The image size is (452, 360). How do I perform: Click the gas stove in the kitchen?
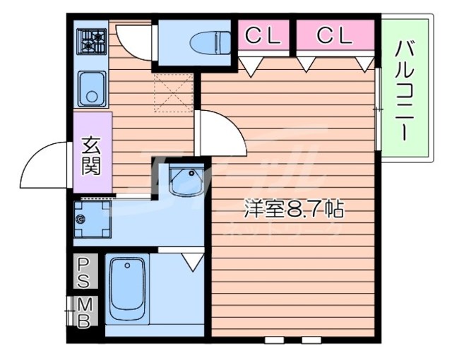90,42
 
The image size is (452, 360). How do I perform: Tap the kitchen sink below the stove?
90,88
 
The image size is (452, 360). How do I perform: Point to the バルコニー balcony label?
405,88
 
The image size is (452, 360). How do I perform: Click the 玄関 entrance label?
91,155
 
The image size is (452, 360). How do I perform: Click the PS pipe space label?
83,272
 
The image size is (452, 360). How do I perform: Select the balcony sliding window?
379,109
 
